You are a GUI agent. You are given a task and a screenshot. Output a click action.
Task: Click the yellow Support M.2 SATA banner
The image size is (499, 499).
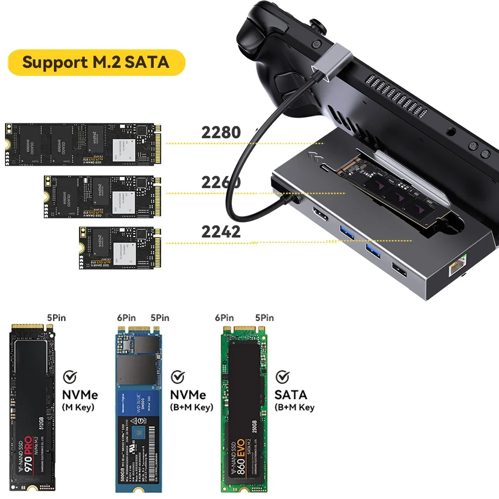[96, 62]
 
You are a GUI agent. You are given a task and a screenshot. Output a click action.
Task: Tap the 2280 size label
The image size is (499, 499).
[221, 132]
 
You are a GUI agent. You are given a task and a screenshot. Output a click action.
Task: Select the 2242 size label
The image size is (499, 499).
[221, 232]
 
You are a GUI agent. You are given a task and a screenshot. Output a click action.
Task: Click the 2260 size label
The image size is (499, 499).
[221, 182]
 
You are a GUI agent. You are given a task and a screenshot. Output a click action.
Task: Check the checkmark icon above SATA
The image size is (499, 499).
[283, 376]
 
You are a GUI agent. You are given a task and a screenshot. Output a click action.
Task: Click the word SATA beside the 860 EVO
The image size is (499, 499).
[291, 395]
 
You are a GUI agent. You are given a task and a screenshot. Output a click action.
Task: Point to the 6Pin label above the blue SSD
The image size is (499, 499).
[126, 318]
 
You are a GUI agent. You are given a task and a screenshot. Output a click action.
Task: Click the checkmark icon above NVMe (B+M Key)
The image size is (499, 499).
[178, 376]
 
